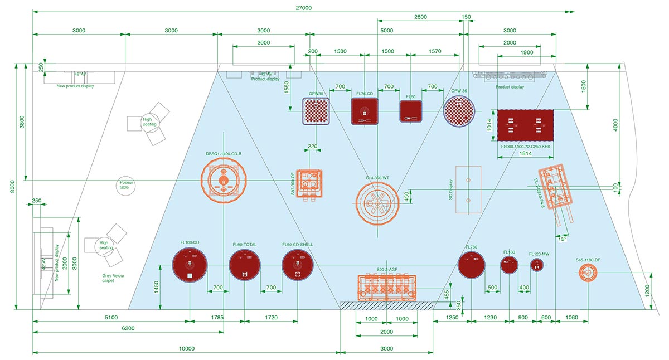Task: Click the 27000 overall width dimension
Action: click(304, 8)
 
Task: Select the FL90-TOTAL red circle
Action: click(245, 265)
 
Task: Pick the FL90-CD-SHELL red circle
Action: click(297, 265)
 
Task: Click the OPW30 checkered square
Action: click(316, 111)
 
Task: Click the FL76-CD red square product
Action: click(365, 110)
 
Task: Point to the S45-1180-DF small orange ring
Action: click(588, 273)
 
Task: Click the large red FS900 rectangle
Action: click(525, 125)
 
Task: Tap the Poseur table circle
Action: click(124, 185)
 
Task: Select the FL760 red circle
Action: click(471, 264)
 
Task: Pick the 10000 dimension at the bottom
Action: click(186, 349)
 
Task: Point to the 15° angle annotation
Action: click(564, 239)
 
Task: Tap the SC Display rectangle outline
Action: click(468, 189)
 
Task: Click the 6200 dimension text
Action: click(128, 328)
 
